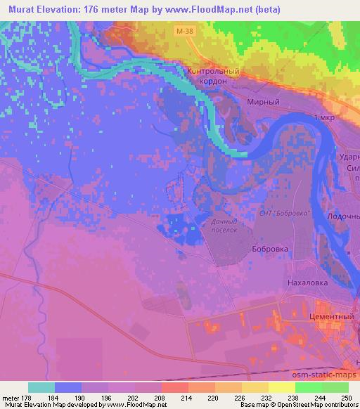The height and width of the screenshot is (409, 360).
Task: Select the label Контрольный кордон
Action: (x=214, y=76)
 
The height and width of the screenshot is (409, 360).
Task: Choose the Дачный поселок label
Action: (x=219, y=225)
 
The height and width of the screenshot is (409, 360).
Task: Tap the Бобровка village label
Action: (x=269, y=249)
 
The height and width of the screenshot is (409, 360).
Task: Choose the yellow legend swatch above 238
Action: (x=281, y=387)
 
